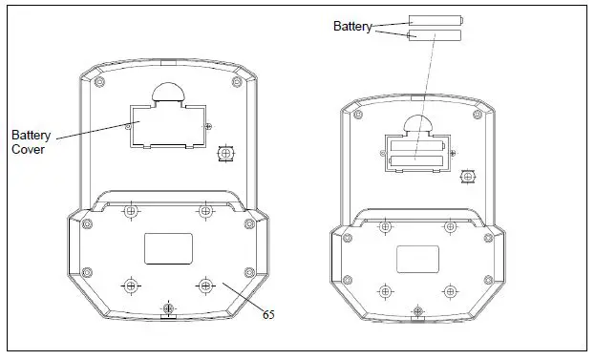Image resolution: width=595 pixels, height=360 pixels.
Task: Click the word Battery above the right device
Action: coord(352,26)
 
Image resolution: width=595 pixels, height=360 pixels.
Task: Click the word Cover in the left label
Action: coord(28,149)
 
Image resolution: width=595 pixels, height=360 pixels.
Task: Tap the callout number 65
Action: coord(268,314)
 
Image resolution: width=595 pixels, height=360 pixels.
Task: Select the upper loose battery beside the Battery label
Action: coord(436,20)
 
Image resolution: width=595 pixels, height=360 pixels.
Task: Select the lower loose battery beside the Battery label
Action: coord(435,35)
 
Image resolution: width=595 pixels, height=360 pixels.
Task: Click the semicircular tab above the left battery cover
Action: coord(168,92)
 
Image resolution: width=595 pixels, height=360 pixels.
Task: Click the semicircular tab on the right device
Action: coord(417,124)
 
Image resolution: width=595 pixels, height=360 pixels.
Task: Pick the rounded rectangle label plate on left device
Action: coord(168,249)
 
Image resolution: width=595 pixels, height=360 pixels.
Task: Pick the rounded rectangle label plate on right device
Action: coord(417,259)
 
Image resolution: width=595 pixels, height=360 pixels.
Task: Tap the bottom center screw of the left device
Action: coord(168,307)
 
